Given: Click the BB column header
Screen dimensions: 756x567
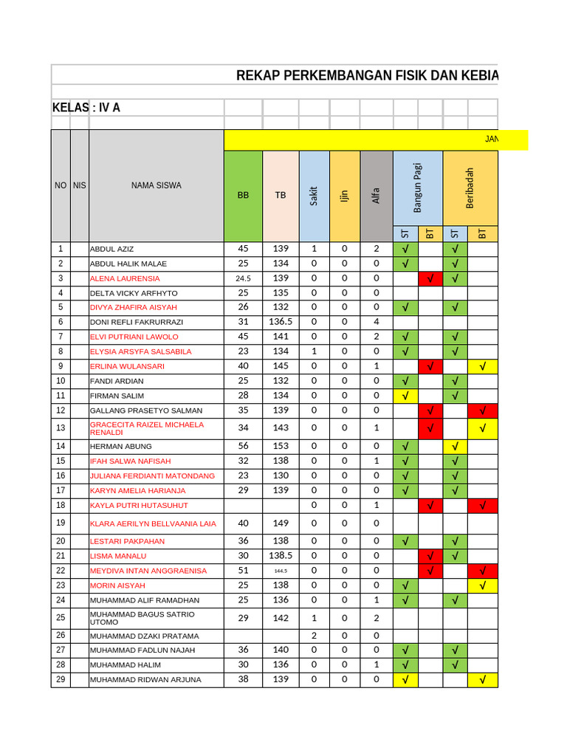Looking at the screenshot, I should [x=243, y=196].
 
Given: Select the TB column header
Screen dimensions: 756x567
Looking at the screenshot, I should [x=281, y=196].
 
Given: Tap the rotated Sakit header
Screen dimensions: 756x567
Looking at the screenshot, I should [x=314, y=196].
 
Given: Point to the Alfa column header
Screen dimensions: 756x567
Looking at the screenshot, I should [x=376, y=196].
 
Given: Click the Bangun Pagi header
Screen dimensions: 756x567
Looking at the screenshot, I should [x=417, y=189].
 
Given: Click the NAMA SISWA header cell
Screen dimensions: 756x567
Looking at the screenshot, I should [x=156, y=186].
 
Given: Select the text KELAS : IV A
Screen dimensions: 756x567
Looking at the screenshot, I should [x=86, y=108].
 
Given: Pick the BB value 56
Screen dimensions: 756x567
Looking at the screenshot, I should [x=243, y=446].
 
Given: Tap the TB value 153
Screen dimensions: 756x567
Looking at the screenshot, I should [x=281, y=446].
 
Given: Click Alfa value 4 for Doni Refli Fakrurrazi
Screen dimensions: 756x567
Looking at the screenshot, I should [x=376, y=322].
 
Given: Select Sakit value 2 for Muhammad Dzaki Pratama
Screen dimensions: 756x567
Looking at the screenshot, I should [x=314, y=636].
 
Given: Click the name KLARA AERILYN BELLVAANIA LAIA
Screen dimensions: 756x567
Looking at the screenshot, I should [x=153, y=523].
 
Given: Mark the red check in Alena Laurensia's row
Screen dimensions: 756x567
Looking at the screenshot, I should [x=430, y=278].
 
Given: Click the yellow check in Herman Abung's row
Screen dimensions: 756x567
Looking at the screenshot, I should [x=455, y=446].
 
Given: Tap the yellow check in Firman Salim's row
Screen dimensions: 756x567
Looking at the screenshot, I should [x=405, y=396].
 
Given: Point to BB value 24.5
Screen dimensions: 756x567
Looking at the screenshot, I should [x=243, y=279].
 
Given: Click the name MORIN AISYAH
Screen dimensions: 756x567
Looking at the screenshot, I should [x=117, y=585].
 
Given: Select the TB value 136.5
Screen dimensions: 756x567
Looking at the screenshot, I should [x=281, y=322].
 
